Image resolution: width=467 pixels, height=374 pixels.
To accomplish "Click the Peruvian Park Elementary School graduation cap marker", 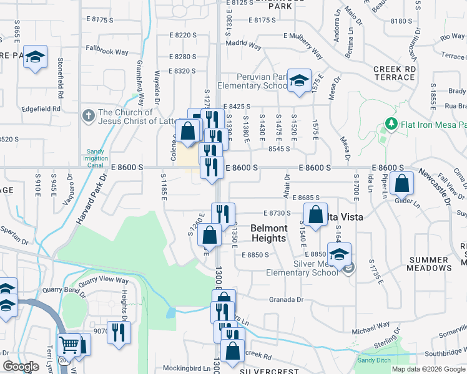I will point(300,81).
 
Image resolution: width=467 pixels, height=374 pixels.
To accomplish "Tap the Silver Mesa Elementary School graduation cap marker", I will point(339,254).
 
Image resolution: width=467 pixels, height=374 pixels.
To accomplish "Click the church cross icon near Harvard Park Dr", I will point(88,116).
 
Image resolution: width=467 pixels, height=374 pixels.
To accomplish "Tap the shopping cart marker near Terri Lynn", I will point(69,345).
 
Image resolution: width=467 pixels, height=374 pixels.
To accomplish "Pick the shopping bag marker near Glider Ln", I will point(403,184).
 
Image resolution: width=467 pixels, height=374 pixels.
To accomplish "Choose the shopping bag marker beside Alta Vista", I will point(316,215).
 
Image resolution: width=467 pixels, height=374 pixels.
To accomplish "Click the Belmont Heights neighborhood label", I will point(268,233).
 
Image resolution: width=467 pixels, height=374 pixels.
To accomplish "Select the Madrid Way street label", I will point(243,45).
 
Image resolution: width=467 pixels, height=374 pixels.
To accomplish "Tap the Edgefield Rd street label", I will point(39,108).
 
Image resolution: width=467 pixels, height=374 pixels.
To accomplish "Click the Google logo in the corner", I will point(21,367).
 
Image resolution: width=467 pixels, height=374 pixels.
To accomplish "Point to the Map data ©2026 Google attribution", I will point(428,369).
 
